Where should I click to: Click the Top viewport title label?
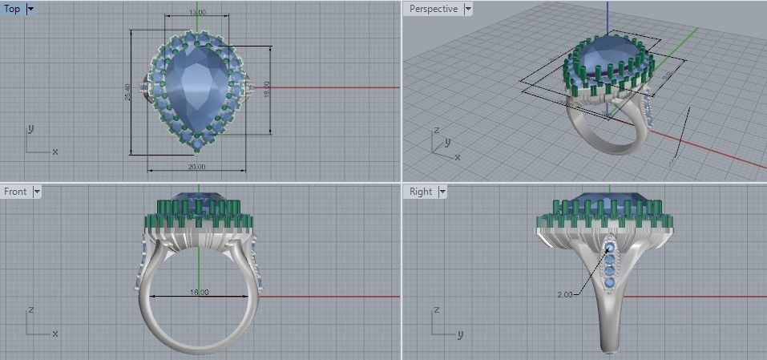click(x=12, y=9)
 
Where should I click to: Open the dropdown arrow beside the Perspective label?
click(x=468, y=9)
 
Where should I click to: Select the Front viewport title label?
click(x=15, y=192)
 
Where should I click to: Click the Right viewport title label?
click(x=421, y=192)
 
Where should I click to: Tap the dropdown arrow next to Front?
click(x=36, y=192)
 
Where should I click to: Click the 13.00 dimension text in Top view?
click(x=197, y=13)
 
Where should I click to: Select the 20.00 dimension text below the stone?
click(x=197, y=167)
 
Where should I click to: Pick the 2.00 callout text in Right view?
click(x=565, y=295)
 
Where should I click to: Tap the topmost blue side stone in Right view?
click(x=610, y=249)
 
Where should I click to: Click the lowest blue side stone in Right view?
click(x=610, y=282)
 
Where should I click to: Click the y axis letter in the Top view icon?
click(x=30, y=128)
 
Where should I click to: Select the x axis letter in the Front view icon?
click(x=54, y=333)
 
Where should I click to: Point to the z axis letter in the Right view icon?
click(x=437, y=309)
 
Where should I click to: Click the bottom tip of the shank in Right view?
click(x=609, y=348)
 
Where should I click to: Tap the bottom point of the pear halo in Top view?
click(x=197, y=150)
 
